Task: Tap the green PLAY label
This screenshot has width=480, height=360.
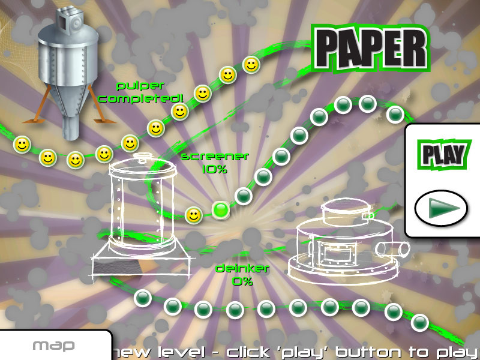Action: [443, 155]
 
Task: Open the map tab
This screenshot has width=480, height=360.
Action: [53, 346]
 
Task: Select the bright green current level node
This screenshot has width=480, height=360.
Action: [221, 209]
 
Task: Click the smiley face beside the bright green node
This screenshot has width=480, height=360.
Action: [194, 215]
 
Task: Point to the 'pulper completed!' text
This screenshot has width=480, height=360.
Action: [140, 92]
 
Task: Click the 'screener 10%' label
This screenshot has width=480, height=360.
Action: [215, 163]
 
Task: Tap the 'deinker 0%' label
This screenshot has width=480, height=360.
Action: [242, 275]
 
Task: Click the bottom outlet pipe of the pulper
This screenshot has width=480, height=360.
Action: [71, 128]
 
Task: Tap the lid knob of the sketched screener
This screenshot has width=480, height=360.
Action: [142, 158]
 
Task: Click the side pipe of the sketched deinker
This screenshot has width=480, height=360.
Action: [393, 248]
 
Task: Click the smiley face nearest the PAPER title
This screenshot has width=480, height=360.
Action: [251, 65]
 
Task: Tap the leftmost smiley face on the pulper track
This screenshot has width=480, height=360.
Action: [22, 145]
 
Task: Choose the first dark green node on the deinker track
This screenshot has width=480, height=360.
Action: [143, 298]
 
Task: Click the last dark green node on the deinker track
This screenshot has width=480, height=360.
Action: [419, 322]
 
